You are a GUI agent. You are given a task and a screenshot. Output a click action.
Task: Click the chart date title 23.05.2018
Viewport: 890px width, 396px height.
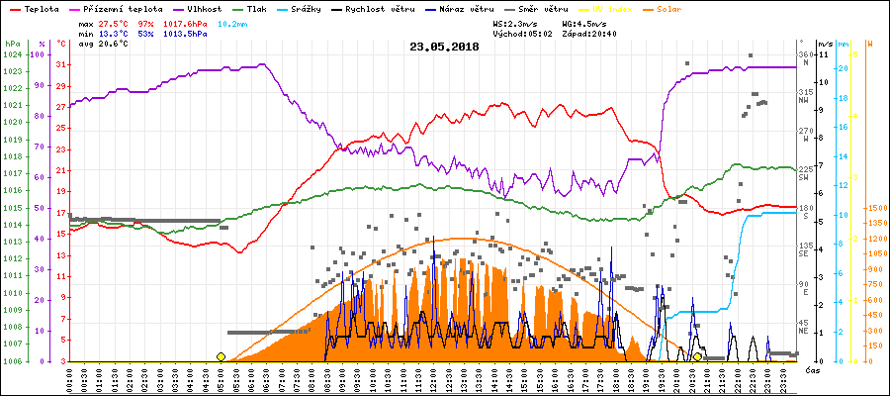[x=444, y=47]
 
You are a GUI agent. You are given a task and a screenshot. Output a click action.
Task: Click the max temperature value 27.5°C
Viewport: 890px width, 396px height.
[x=116, y=22]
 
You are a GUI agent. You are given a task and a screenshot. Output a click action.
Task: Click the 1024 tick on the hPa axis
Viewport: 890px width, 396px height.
[x=12, y=54]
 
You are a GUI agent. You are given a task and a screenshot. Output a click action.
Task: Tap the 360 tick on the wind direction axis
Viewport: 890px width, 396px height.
[x=805, y=54]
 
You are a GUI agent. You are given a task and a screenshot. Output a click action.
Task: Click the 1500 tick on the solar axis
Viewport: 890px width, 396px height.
[x=877, y=209]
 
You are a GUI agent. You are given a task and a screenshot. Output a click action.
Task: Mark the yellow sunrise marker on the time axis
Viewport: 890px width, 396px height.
[x=221, y=356]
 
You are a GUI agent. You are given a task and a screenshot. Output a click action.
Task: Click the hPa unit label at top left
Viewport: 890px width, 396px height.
[x=12, y=44]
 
